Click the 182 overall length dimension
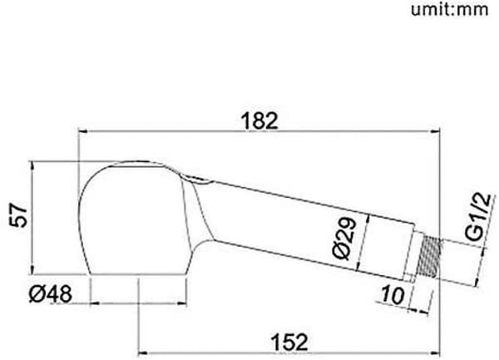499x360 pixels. (x=259, y=121)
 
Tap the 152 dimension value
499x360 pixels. (x=289, y=342)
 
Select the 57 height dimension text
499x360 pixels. (x=18, y=216)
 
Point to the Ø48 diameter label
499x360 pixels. (x=51, y=293)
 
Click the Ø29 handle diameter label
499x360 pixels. (x=344, y=239)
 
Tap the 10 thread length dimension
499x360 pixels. (x=393, y=294)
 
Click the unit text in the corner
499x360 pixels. (x=450, y=9)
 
